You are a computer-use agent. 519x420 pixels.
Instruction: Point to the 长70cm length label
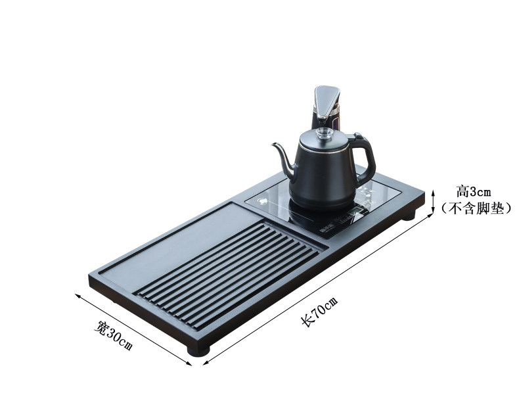point(319,312)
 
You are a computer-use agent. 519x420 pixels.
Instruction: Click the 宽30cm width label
point(113,335)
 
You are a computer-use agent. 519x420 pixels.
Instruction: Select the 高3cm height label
point(474,191)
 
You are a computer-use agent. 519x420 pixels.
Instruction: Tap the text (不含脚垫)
point(476,208)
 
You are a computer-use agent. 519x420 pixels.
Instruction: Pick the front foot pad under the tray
point(198,351)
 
